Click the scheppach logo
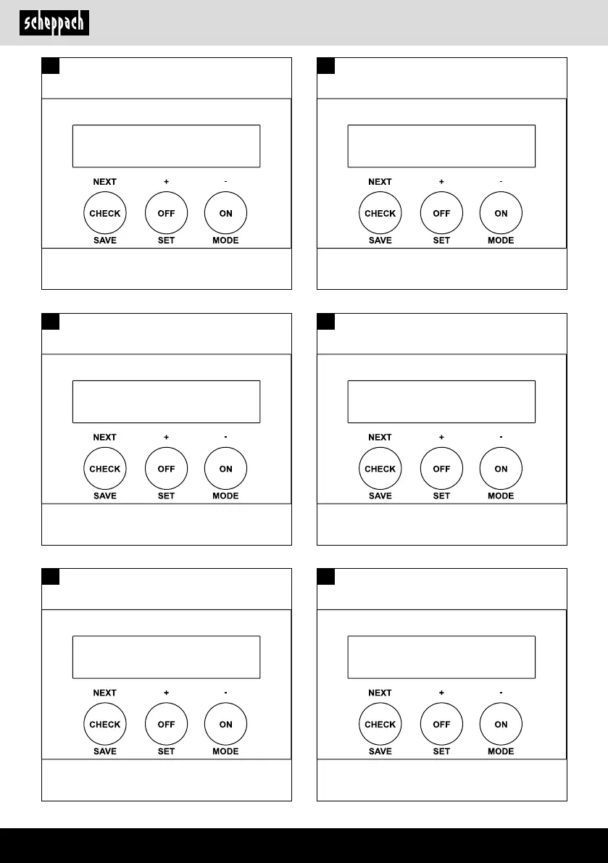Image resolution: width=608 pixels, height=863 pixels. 54,22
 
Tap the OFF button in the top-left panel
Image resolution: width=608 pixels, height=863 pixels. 166,214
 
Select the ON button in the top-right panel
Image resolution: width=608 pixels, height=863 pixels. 501,214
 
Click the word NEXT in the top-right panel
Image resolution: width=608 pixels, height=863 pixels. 380,182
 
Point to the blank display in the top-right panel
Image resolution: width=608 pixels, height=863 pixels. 441,146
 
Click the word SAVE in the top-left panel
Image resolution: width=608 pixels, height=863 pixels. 105,241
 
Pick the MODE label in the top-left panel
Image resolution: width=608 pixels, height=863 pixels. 225,241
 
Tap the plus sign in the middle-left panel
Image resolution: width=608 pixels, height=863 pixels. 166,438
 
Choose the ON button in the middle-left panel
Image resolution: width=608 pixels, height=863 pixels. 225,469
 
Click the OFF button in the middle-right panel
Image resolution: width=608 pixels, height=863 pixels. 441,469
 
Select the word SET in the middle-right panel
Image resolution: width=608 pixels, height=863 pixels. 441,496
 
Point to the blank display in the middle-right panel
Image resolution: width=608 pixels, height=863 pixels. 441,401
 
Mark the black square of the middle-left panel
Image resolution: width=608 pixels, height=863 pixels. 50,321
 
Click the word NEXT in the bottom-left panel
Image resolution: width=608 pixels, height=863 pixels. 105,693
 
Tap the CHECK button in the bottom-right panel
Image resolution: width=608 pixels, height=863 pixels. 380,725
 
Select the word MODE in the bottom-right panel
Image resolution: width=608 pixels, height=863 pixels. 501,751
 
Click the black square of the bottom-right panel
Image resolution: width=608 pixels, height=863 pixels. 326,577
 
